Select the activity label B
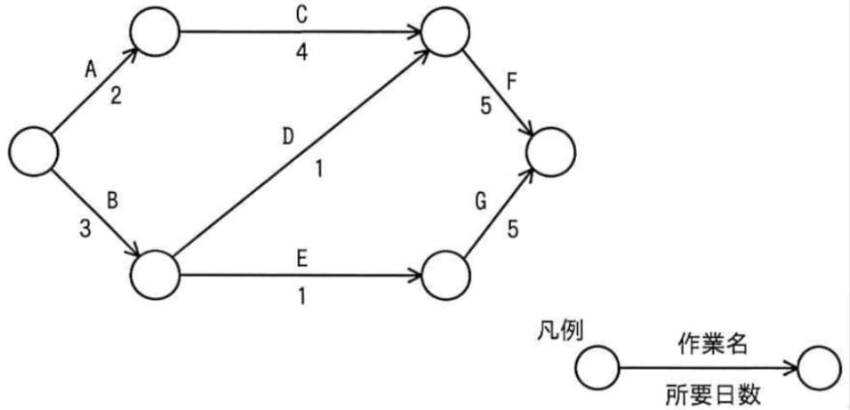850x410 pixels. click(113, 199)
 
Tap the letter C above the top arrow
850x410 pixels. click(301, 15)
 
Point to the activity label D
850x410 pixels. click(287, 137)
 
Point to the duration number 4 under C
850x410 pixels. click(302, 52)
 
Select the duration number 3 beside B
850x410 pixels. click(84, 229)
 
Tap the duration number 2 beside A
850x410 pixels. click(116, 97)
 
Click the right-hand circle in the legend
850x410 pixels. click(820, 368)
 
